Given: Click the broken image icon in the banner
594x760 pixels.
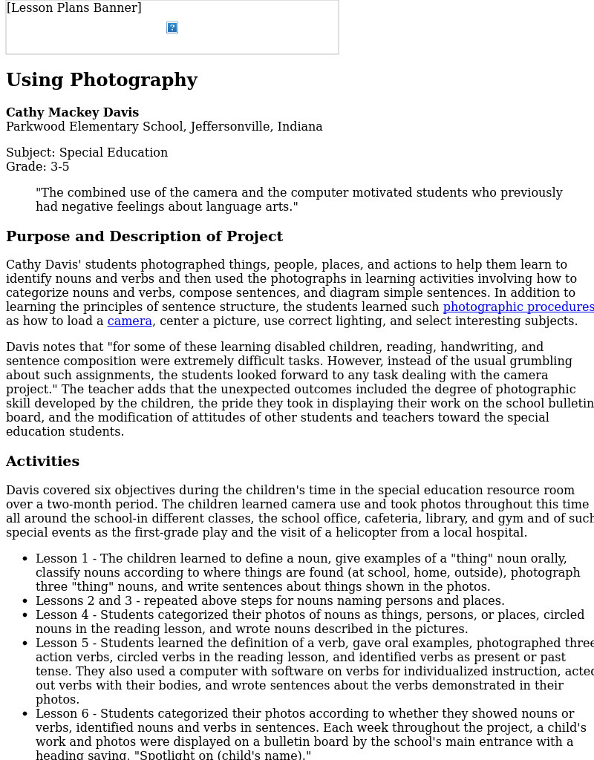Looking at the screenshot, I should coord(172,27).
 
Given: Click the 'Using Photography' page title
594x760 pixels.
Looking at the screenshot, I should coord(102,80).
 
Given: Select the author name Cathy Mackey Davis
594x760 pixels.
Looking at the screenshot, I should coord(73,113).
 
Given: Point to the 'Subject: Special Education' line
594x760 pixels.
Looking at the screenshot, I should coord(87,153).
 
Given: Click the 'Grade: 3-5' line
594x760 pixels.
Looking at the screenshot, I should coord(38,167).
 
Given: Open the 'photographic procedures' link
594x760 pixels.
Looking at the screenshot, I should coord(518,307).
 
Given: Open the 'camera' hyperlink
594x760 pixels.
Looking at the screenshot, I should coord(130,321).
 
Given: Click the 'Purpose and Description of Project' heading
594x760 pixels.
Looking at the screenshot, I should coord(144,237).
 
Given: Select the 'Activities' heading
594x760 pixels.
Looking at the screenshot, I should coord(42,462).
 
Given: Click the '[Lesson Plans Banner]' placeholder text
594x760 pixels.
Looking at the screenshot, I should coord(74,8).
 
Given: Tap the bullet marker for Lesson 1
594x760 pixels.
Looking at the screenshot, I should coord(26,559).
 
